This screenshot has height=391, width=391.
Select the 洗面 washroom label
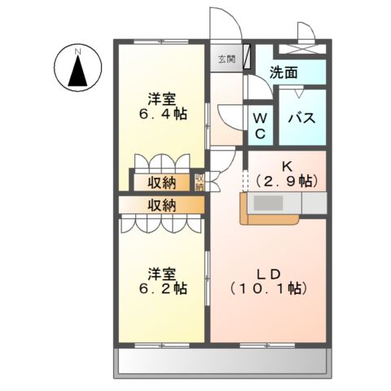[x=283, y=72]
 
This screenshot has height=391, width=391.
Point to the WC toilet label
[x=261, y=125]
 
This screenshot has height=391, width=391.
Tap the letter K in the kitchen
[x=286, y=166]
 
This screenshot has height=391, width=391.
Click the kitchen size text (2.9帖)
[x=286, y=182]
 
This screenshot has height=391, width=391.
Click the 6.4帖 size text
[x=161, y=115]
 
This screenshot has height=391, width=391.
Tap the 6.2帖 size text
[x=161, y=288]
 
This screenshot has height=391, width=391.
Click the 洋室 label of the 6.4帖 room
[x=161, y=99]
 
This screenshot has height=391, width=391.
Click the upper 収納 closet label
[x=161, y=182]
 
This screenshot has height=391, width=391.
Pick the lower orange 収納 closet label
[x=161, y=204]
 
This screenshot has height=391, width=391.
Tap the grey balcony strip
[x=225, y=361]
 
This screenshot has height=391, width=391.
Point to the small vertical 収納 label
[x=199, y=182]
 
